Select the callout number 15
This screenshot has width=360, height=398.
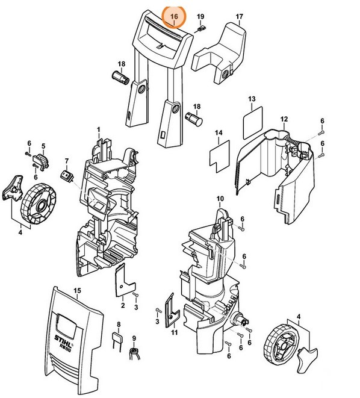click(76, 291)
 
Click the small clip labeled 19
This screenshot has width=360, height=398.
click(202, 27)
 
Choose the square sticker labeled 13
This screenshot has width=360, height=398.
click(252, 121)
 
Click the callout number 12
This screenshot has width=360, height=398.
click(284, 119)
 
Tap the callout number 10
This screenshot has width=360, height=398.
click(220, 199)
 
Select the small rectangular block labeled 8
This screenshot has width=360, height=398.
click(119, 339)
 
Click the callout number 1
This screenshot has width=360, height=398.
click(99, 129)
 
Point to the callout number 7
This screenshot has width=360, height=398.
click(67, 161)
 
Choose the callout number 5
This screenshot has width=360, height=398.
click(43, 146)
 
